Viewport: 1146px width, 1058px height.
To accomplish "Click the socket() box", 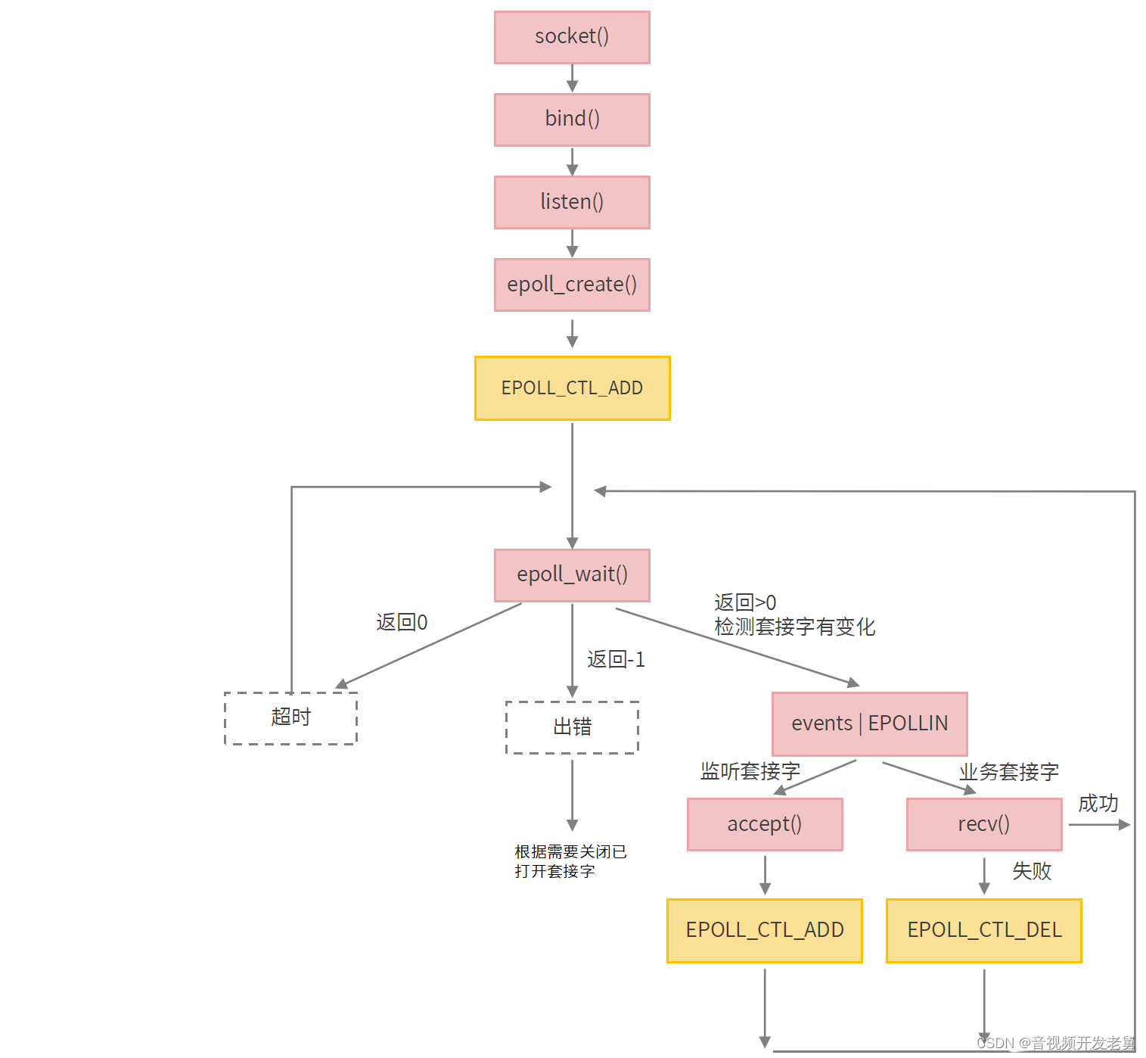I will coord(572,37).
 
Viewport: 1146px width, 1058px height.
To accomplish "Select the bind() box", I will coord(572,120).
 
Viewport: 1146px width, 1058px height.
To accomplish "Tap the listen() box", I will coord(572,202).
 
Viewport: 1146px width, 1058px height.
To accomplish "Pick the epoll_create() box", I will coord(572,285).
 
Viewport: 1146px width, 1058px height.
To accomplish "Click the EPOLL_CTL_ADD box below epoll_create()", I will coord(572,388).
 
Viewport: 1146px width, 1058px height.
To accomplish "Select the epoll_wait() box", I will coord(572,575).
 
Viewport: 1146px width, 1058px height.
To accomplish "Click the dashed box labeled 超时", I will coord(290,718).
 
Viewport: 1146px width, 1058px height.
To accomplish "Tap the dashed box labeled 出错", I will coord(572,727).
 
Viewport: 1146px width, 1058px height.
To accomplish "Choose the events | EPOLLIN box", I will coord(869,723).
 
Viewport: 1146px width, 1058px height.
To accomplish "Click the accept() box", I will coord(765,824).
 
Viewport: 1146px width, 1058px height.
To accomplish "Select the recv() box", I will coord(984,824).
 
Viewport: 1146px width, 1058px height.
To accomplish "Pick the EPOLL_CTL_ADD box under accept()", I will coord(765,930).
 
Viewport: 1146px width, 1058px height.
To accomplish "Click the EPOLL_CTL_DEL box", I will coord(984,930).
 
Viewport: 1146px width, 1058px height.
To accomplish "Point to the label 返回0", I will coord(402,623).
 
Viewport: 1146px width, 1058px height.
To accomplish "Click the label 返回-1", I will coord(616,660).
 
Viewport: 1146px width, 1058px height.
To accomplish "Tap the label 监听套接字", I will coord(750,771).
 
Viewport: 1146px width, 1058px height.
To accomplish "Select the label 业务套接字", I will coord(1008,772).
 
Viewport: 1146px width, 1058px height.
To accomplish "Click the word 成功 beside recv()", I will coord(1098,804).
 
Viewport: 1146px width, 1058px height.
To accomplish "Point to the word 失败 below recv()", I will coord(1032,871).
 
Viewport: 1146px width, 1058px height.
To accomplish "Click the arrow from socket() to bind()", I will coord(572,78).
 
